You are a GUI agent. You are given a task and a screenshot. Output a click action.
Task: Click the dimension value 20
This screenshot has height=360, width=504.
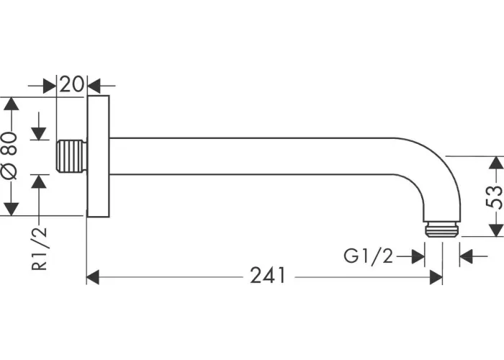[x=71, y=84]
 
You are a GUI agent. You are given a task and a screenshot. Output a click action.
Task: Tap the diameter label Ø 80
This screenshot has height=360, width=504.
[x=9, y=156]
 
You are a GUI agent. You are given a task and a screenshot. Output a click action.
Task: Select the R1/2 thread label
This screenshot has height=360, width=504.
[x=39, y=248]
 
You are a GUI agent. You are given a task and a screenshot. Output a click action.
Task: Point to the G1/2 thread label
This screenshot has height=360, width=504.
[x=369, y=256]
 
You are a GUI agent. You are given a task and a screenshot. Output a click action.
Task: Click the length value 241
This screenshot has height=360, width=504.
[x=268, y=276]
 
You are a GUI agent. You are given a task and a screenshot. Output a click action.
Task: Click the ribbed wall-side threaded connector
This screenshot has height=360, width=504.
[x=72, y=156]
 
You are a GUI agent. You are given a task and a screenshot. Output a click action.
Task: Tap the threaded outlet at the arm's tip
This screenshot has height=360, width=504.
[x=442, y=230]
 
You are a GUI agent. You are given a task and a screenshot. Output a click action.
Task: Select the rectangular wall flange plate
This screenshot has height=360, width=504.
[x=98, y=156]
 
